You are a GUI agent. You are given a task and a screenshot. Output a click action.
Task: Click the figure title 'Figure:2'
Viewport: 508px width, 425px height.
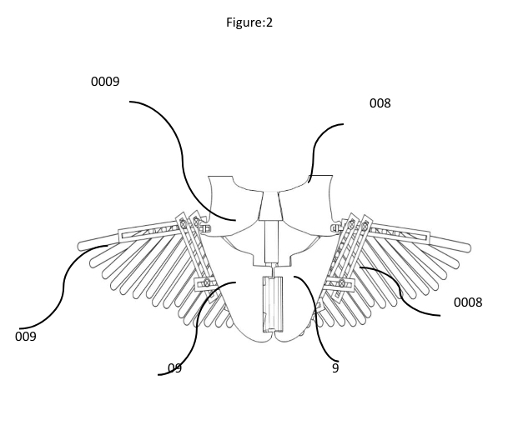pyautogui.click(x=254, y=22)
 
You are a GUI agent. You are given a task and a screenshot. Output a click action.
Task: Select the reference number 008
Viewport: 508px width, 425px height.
pyautogui.click(x=380, y=103)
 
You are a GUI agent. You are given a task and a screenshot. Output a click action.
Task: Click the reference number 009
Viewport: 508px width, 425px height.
pyautogui.click(x=28, y=337)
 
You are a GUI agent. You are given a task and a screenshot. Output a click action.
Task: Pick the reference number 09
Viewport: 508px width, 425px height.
pyautogui.click(x=174, y=367)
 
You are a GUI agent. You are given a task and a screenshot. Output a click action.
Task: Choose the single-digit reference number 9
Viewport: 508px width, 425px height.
pyautogui.click(x=334, y=367)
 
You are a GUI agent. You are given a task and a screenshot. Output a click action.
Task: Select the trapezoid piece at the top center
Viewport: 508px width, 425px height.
pyautogui.click(x=271, y=207)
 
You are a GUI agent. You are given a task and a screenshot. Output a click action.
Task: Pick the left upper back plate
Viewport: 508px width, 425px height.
pyautogui.click(x=229, y=200)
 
